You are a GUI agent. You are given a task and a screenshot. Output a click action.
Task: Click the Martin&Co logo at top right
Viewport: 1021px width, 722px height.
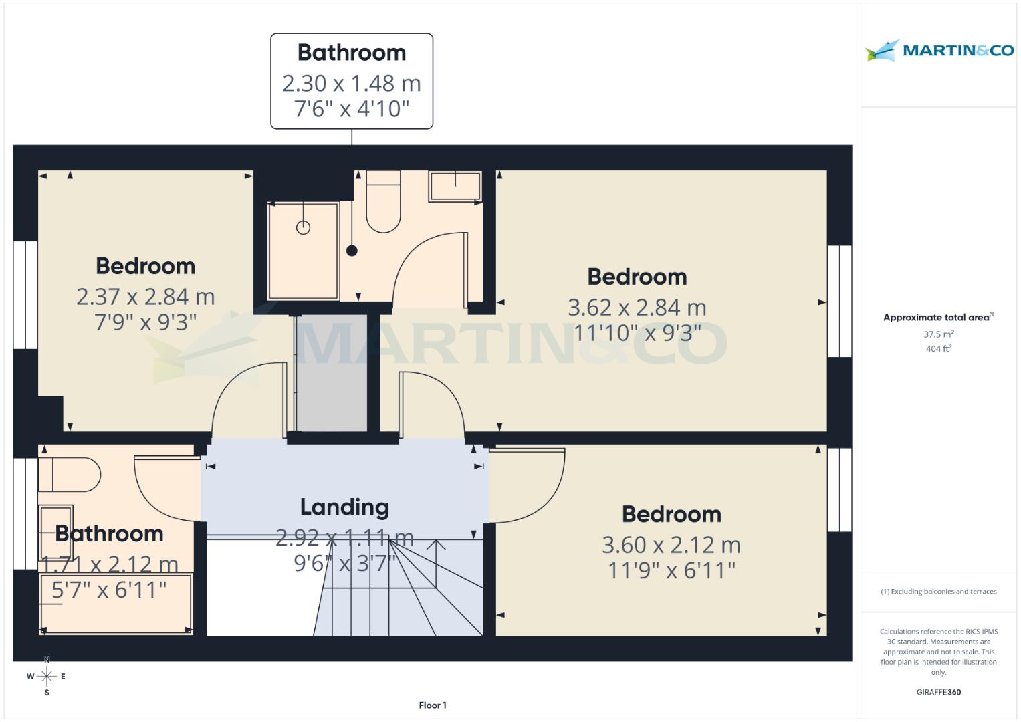(939, 51)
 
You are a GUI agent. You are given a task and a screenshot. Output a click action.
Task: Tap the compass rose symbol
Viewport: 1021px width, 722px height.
(47, 676)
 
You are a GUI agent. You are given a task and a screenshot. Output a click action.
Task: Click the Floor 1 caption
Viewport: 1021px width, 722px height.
(433, 705)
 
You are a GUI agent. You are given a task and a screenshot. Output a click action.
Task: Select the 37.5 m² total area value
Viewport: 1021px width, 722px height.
(938, 334)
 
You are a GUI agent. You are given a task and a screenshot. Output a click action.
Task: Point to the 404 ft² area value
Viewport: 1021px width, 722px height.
(938, 348)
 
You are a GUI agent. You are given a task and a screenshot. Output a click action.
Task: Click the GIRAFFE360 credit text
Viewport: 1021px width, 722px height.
(938, 692)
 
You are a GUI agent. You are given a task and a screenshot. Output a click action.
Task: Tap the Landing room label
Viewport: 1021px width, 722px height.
(344, 507)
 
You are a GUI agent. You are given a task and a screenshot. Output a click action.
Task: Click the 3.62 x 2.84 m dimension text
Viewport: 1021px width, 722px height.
(637, 308)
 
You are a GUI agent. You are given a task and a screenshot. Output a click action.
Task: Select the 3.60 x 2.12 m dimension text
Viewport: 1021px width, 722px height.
(671, 546)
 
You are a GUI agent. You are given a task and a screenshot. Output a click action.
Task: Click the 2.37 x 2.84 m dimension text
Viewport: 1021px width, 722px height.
(145, 297)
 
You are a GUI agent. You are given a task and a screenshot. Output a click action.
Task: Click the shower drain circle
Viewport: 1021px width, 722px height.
(303, 227)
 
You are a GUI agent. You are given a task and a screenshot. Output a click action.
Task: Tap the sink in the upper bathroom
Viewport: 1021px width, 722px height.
(455, 185)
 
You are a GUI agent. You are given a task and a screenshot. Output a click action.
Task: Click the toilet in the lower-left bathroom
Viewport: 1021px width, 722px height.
(69, 475)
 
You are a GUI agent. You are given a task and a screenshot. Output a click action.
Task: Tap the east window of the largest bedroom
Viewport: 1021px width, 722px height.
(839, 301)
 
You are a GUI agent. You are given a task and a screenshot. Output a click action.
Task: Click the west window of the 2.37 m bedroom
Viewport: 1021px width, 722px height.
(25, 295)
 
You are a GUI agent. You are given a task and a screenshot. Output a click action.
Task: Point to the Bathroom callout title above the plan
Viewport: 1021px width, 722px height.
(351, 53)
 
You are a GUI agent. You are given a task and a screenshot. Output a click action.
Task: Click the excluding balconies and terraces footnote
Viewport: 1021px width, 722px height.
(938, 592)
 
